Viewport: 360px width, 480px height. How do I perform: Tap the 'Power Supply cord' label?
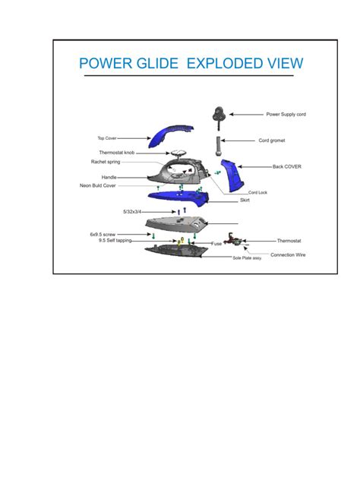[286, 114]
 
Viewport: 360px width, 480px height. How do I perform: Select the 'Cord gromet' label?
[272, 141]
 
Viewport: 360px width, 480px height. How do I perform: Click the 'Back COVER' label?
[287, 166]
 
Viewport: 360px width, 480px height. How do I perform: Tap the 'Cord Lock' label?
[257, 192]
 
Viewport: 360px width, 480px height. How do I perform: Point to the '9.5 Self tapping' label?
[114, 240]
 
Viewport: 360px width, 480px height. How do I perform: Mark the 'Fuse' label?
[216, 244]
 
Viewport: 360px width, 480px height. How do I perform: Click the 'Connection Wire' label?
[288, 254]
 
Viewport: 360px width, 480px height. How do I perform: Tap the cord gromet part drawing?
[219, 143]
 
